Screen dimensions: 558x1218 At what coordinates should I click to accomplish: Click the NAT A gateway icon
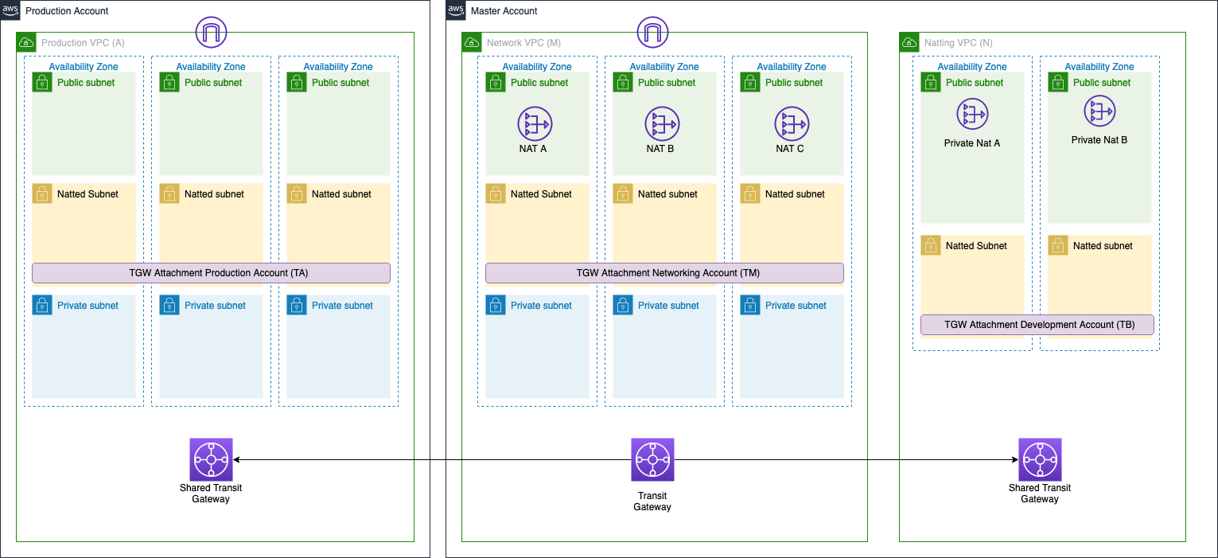(535, 124)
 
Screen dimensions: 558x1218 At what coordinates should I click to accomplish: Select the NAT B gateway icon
(662, 124)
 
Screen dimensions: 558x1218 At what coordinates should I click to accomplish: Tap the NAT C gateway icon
(792, 124)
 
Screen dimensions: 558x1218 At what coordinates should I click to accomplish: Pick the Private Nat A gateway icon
(972, 115)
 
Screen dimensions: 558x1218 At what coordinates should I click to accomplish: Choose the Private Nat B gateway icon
(1099, 111)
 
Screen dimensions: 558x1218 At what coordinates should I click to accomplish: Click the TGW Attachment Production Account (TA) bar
(211, 273)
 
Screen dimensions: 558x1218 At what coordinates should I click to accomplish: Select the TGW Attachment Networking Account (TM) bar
(664, 273)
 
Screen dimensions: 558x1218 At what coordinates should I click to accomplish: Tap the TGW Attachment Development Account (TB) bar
(1037, 325)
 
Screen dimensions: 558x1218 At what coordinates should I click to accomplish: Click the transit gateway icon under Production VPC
(211, 459)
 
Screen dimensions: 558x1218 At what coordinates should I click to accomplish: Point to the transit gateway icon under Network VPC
(652, 459)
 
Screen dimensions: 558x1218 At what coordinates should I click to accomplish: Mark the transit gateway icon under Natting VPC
(1040, 459)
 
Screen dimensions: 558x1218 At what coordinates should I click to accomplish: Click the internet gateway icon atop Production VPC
(211, 33)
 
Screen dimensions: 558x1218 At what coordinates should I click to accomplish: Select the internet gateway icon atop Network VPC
(652, 33)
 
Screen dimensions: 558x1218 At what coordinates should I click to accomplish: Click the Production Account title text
(67, 11)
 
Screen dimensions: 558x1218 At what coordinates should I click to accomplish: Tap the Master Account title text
(504, 11)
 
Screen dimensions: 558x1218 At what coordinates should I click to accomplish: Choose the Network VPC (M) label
(523, 43)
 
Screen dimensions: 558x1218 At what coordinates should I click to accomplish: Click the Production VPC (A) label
(83, 43)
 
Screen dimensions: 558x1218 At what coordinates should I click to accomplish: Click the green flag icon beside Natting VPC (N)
(909, 43)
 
